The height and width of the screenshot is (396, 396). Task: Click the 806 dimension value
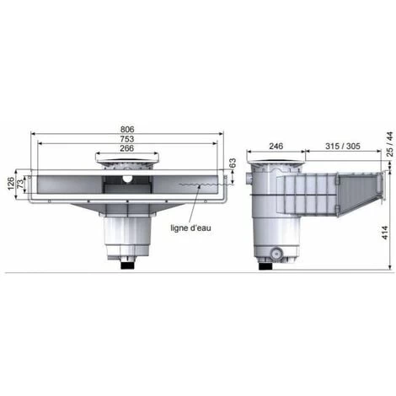[128, 129]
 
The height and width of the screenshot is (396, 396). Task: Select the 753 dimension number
[128, 138]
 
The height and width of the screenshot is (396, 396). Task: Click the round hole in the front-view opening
[127, 179]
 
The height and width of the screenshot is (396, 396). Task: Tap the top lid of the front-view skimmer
[127, 160]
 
